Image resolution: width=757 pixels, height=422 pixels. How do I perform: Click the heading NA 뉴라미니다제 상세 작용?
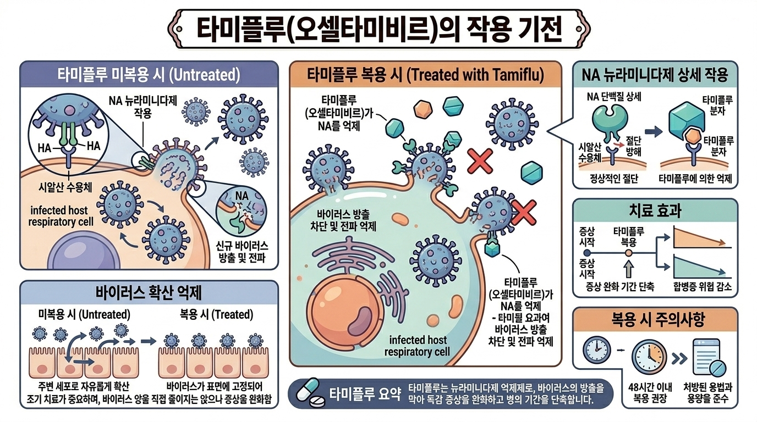[x=655, y=75]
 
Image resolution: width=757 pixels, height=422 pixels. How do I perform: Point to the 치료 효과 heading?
[x=655, y=210]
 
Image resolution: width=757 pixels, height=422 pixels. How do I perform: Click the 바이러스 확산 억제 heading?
[x=145, y=292]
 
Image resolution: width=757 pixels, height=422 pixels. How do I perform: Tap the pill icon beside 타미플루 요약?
[x=311, y=393]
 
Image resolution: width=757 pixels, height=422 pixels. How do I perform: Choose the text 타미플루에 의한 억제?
[x=698, y=179]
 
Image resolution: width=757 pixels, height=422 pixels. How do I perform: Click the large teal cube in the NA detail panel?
[x=685, y=114]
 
